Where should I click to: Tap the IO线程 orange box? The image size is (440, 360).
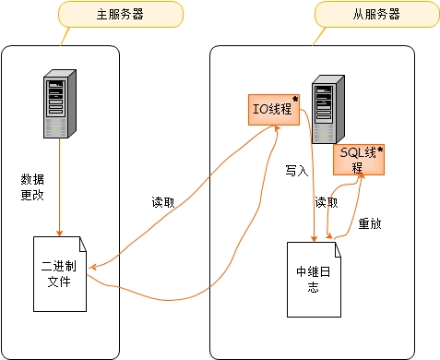coord(273,109)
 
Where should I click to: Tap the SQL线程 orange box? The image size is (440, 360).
coord(358,160)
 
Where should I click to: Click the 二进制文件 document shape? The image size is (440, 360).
coord(59,273)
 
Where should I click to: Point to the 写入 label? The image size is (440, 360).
coord(296,172)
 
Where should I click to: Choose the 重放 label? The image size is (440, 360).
coord(370,223)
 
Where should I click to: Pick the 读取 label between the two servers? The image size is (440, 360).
coord(163,203)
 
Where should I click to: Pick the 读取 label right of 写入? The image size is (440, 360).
coord(327,202)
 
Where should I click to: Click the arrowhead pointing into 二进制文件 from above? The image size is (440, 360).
coord(60,232)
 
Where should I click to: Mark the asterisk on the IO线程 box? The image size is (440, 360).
coord(295,99)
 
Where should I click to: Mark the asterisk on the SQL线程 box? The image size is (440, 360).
coord(379,149)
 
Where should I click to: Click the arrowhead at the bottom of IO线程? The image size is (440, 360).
coord(276,129)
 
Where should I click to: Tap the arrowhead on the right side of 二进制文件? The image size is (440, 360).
coord(93,267)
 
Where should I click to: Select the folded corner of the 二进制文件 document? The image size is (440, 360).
coord(82,242)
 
